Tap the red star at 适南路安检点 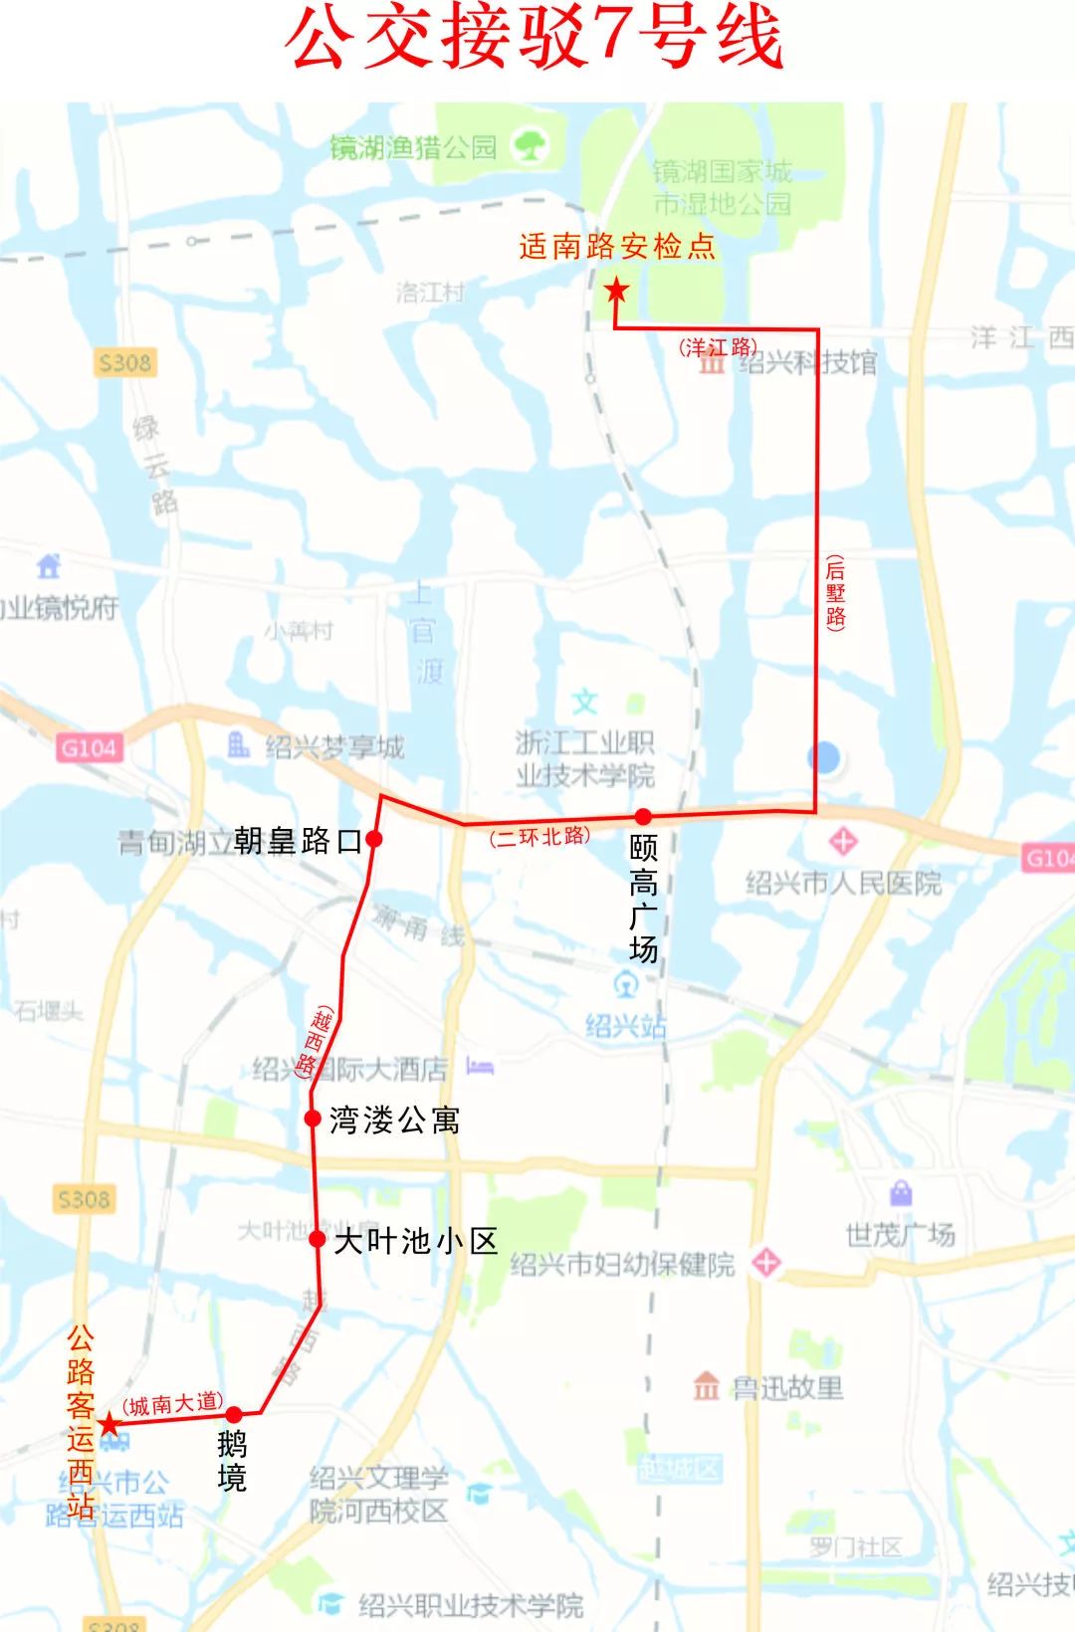click(x=616, y=291)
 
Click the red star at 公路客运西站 click(x=107, y=1424)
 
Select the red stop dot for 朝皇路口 click(x=374, y=839)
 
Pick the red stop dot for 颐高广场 click(x=643, y=817)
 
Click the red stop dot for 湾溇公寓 click(x=313, y=1119)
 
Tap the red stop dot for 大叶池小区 click(x=317, y=1239)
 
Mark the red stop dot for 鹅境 click(x=234, y=1414)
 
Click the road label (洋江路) click(x=718, y=347)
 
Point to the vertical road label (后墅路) click(x=835, y=593)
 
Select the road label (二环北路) click(x=539, y=837)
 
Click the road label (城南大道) click(x=172, y=1404)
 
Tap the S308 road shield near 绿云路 click(x=124, y=363)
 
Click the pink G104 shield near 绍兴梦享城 click(x=89, y=748)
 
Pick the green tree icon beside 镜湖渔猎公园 click(x=530, y=147)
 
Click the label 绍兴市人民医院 click(x=843, y=883)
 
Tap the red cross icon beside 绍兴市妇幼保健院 click(x=765, y=1263)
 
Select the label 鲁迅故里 click(x=786, y=1387)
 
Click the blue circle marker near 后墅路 click(x=824, y=758)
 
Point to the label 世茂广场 click(x=900, y=1235)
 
